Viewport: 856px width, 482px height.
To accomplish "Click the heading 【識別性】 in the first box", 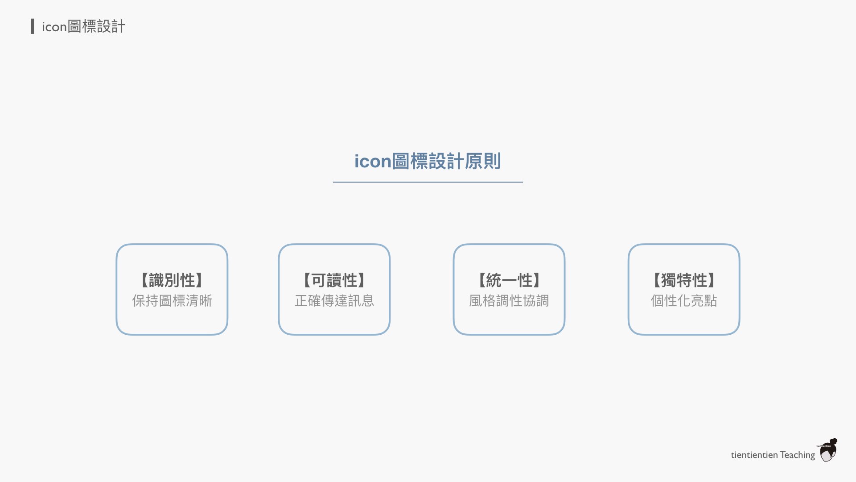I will [172, 280].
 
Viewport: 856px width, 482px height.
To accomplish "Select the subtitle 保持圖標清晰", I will [172, 301].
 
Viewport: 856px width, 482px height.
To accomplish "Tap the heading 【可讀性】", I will [334, 280].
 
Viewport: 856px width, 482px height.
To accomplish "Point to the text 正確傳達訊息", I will [334, 301].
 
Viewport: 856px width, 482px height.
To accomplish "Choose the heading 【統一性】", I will [509, 280].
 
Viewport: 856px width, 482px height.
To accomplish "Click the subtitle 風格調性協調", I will [509, 301].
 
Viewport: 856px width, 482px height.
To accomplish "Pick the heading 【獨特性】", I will [683, 280].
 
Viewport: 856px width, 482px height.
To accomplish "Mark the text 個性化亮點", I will [683, 301].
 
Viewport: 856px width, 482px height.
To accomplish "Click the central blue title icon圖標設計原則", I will [428, 161].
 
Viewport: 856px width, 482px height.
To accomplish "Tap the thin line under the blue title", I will [428, 182].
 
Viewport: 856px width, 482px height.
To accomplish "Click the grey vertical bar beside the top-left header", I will [32, 26].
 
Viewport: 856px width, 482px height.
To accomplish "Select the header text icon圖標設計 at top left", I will [83, 27].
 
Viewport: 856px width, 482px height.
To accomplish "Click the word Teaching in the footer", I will [797, 455].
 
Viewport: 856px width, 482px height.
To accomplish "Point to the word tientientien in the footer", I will [754, 455].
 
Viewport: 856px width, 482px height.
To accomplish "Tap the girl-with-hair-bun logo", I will [828, 450].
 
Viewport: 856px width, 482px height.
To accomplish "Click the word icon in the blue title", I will [373, 161].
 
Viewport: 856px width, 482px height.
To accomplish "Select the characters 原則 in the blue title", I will [483, 161].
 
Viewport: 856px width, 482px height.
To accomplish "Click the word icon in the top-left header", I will [54, 27].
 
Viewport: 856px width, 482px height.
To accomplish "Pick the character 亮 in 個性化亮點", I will [697, 301].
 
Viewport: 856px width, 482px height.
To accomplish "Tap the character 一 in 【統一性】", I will [509, 280].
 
